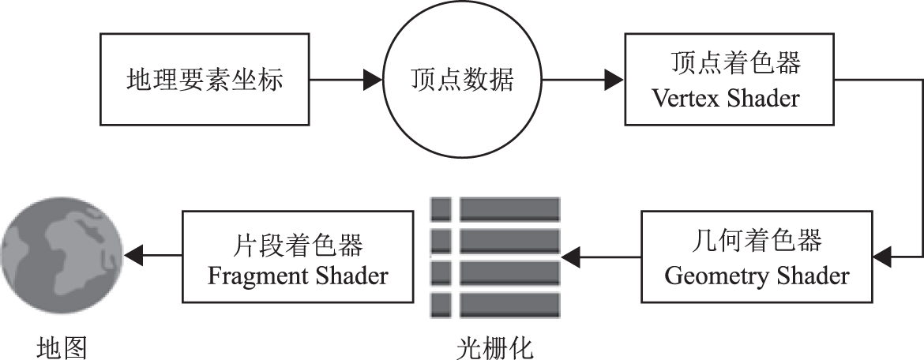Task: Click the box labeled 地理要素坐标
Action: click(204, 79)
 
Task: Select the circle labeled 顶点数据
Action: click(461, 79)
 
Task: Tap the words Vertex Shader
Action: click(725, 99)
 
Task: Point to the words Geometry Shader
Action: click(757, 276)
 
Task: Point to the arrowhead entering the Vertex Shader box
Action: click(614, 79)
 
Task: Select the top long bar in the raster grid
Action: click(509, 209)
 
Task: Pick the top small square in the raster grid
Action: click(441, 209)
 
